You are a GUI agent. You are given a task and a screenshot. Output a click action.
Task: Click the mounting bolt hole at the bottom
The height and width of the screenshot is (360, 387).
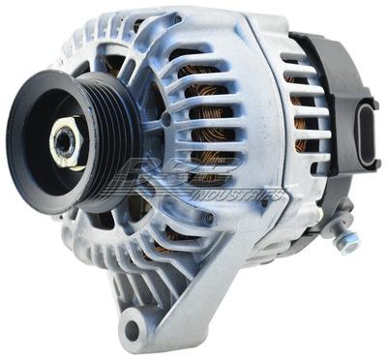pyautogui.click(x=131, y=330)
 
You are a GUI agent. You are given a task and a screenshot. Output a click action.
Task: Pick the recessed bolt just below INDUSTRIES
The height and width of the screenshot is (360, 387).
pyautogui.click(x=206, y=219)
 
